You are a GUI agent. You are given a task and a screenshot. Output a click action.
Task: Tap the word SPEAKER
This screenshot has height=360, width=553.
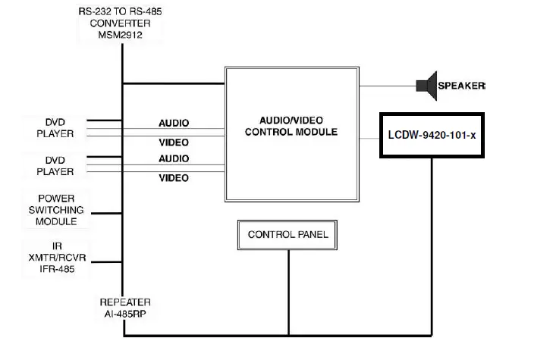coord(462,86)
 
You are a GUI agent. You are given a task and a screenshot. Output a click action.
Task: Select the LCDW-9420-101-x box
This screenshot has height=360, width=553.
coord(431,136)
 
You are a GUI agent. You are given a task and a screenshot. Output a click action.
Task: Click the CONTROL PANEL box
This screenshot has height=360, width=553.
coord(288,235)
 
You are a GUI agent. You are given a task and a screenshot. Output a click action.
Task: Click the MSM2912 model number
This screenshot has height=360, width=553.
coord(119,34)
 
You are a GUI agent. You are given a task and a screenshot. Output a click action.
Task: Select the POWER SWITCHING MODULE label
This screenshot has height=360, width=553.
coord(56,209)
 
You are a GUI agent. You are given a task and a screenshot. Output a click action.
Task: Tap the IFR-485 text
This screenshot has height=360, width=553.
coord(56,269)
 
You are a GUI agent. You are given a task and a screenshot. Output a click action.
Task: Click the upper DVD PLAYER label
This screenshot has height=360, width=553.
coord(56,127)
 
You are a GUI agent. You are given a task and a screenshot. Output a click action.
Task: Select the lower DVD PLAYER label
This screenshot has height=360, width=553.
coord(56,166)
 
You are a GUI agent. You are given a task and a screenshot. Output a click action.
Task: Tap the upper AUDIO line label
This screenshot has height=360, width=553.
coord(174,123)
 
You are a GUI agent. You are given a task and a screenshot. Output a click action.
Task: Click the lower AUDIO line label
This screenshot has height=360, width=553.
coord(174,159)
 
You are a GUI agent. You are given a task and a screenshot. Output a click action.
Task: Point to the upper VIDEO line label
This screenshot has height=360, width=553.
coord(174,142)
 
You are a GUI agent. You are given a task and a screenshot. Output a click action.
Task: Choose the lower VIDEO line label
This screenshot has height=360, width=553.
coord(174,178)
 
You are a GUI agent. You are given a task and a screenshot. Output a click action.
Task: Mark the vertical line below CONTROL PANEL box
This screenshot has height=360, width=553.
coord(288,292)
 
